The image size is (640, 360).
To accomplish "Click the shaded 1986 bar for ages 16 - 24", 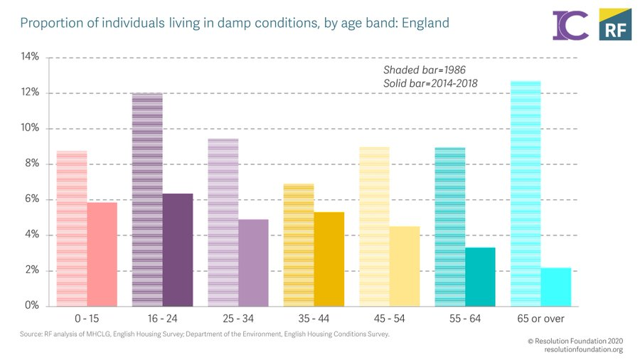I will tap(147, 199).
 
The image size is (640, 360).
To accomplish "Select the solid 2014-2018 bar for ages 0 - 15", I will tap(102, 254).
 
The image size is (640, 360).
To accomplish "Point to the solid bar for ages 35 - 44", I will tap(329, 259).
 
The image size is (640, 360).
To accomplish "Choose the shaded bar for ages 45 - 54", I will tap(374, 226).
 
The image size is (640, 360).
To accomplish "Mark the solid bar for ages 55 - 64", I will tap(480, 277).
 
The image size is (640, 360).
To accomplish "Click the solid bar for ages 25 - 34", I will tap(253, 263).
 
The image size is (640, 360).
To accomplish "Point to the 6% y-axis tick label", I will tap(31, 199).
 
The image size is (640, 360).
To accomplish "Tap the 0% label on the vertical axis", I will tap(31, 306).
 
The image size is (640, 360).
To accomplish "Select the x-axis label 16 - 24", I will tap(163, 319).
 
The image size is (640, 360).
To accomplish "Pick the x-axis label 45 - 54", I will tap(390, 319).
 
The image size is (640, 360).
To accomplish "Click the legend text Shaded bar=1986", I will tap(425, 70).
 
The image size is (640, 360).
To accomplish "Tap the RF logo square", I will tap(615, 24).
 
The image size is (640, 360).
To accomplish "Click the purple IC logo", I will tap(570, 25).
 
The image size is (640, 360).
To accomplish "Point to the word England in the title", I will tap(425, 23).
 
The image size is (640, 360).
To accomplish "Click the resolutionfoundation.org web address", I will tap(582, 349).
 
